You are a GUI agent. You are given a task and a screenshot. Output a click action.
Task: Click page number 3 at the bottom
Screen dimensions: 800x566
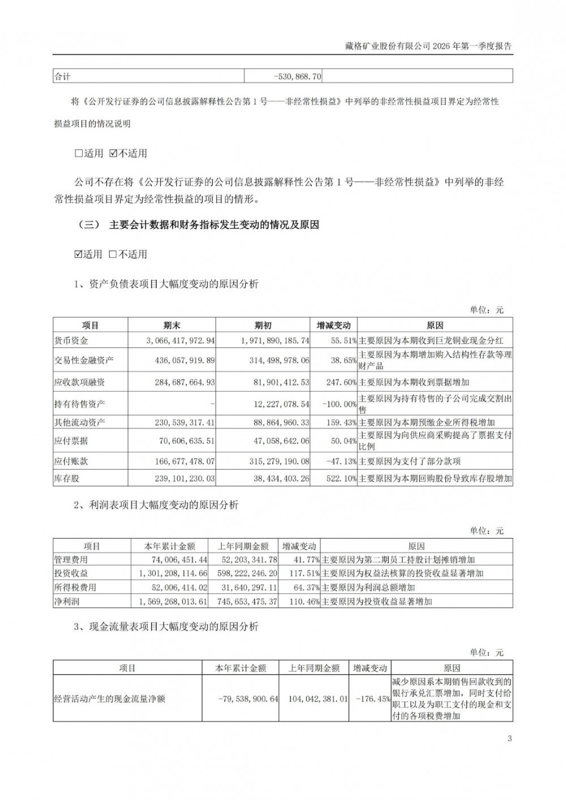point(509,738)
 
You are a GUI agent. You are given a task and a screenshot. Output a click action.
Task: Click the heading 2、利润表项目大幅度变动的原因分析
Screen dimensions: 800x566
point(156,505)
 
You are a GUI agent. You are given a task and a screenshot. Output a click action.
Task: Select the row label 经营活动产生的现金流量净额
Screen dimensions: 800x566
point(110,699)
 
